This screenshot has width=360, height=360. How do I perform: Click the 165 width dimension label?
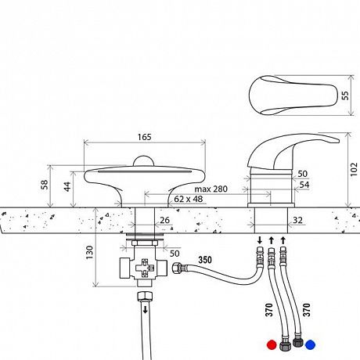pyautogui.click(x=145, y=137)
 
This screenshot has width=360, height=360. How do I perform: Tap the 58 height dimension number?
pyautogui.click(x=45, y=185)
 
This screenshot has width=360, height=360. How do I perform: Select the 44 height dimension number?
pyautogui.click(x=67, y=186)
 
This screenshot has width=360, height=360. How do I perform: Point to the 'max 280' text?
pyautogui.click(x=211, y=189)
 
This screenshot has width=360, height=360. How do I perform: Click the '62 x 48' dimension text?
pyautogui.click(x=189, y=199)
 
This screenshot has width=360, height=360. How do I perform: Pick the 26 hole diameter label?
pyautogui.click(x=164, y=220)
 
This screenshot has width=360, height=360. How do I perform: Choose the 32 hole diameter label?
pyautogui.click(x=297, y=221)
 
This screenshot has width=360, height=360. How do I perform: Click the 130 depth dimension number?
pyautogui.click(x=89, y=252)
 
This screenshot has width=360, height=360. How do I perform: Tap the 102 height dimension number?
pyautogui.click(x=354, y=170)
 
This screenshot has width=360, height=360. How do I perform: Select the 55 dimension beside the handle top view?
pyautogui.click(x=345, y=95)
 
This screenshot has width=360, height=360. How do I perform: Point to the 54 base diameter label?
pyautogui.click(x=304, y=185)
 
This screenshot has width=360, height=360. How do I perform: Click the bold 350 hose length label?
pyautogui.click(x=205, y=260)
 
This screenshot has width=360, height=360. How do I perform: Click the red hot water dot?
pyautogui.click(x=272, y=344)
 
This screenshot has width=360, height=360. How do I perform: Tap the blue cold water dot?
pyautogui.click(x=310, y=344)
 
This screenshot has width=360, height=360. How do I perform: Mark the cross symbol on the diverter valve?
pyautogui.click(x=145, y=268)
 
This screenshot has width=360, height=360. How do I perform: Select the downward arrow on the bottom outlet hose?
pyautogui.click(x=145, y=310)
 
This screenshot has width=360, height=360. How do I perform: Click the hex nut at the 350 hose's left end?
pyautogui.click(x=177, y=268)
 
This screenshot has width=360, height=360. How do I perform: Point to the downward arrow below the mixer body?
pyautogui.click(x=260, y=240)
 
